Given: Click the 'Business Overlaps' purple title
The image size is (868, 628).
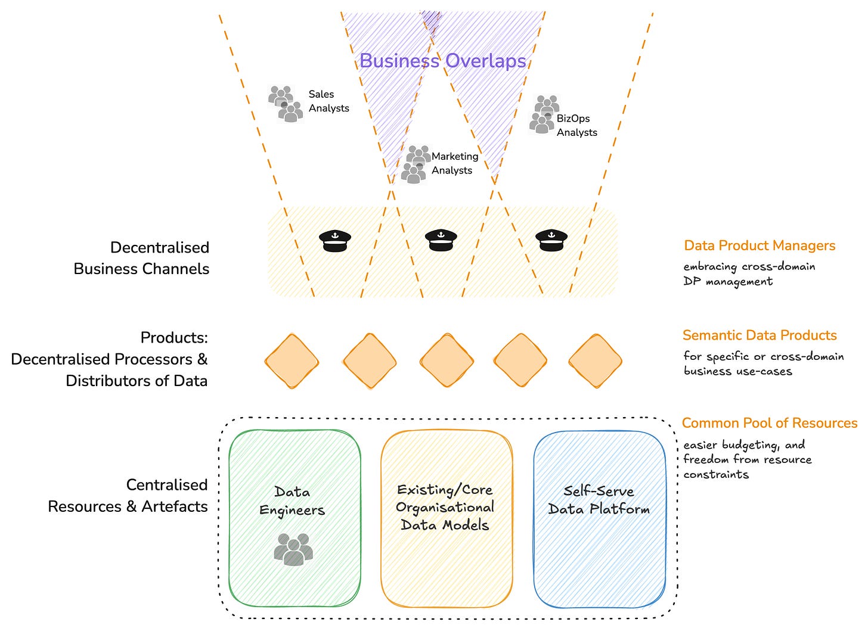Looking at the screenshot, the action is (442, 61).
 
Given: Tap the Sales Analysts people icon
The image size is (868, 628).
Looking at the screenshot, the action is (286, 104).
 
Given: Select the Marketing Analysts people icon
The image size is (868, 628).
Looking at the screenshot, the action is (416, 164).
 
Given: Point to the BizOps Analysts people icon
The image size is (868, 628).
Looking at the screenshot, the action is (544, 114).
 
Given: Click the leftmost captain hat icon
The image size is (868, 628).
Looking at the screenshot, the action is (335, 241).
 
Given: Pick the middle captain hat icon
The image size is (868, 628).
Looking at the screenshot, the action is (441, 240).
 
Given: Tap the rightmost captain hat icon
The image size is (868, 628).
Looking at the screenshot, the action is (551, 240).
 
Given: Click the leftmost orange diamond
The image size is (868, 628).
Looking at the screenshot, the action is (292, 361).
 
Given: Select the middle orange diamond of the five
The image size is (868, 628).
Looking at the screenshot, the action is (447, 360).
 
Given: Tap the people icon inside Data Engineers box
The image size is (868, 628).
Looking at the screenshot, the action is (293, 549).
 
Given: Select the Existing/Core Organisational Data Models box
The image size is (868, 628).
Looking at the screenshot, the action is (447, 518).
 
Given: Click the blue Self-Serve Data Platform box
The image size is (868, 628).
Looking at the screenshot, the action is (600, 519).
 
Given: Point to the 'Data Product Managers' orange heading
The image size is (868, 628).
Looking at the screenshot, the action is (759, 245).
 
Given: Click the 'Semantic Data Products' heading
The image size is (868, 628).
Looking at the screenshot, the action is (759, 335).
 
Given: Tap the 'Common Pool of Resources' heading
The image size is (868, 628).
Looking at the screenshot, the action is (770, 423).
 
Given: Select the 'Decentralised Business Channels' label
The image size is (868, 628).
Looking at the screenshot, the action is (141, 258).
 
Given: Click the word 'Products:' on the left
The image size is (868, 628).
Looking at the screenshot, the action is (174, 338).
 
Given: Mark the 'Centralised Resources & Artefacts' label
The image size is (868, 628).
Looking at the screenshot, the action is (128, 496).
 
